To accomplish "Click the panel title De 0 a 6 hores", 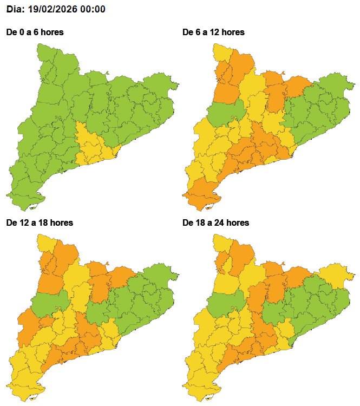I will pos(35,32).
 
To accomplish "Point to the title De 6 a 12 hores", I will pos(214,32).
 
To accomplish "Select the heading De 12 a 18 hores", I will pos(39,222).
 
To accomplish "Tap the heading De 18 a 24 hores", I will pos(216,222).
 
